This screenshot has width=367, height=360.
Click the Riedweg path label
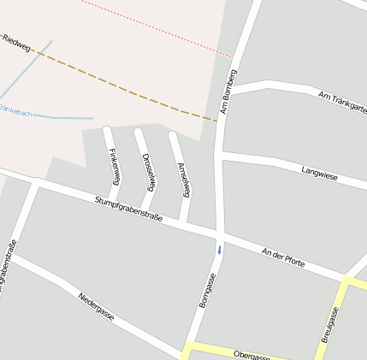(x=16, y=44)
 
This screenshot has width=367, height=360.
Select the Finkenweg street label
(x=114, y=164)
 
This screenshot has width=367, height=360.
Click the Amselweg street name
(x=181, y=178)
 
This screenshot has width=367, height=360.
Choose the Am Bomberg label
(x=228, y=91)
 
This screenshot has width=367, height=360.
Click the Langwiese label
(x=319, y=173)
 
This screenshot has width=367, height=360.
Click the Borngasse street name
(x=206, y=290)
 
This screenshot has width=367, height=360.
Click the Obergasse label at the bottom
(x=252, y=355)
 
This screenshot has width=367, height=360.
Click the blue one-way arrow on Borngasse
(x=219, y=250)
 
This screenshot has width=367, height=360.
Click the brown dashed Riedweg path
(x=128, y=89)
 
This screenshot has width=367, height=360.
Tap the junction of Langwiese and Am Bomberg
(x=219, y=156)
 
